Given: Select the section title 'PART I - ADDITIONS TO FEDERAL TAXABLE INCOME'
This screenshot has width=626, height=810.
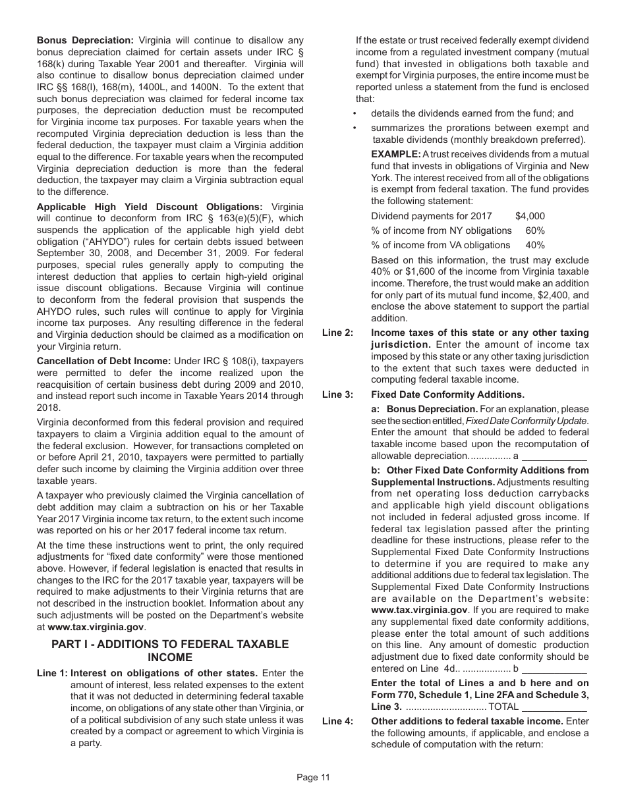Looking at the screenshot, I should tap(170, 650).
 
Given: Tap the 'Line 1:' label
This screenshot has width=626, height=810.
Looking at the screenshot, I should tap(52, 673).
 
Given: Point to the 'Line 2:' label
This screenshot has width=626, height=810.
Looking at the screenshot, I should tap(337, 333).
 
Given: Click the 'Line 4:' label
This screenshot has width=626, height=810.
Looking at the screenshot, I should tap(337, 721).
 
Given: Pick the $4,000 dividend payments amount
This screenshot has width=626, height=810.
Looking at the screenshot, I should tap(530, 216).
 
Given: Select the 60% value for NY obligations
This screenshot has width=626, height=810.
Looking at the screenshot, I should tap(535, 230).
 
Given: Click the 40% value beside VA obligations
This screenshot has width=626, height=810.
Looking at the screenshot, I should tap(535, 245).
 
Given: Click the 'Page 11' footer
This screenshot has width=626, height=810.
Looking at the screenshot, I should tap(313, 777).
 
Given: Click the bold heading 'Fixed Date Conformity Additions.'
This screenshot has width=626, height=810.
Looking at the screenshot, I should tap(447, 394).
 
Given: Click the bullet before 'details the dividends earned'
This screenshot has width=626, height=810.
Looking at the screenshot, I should tap(355, 113).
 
